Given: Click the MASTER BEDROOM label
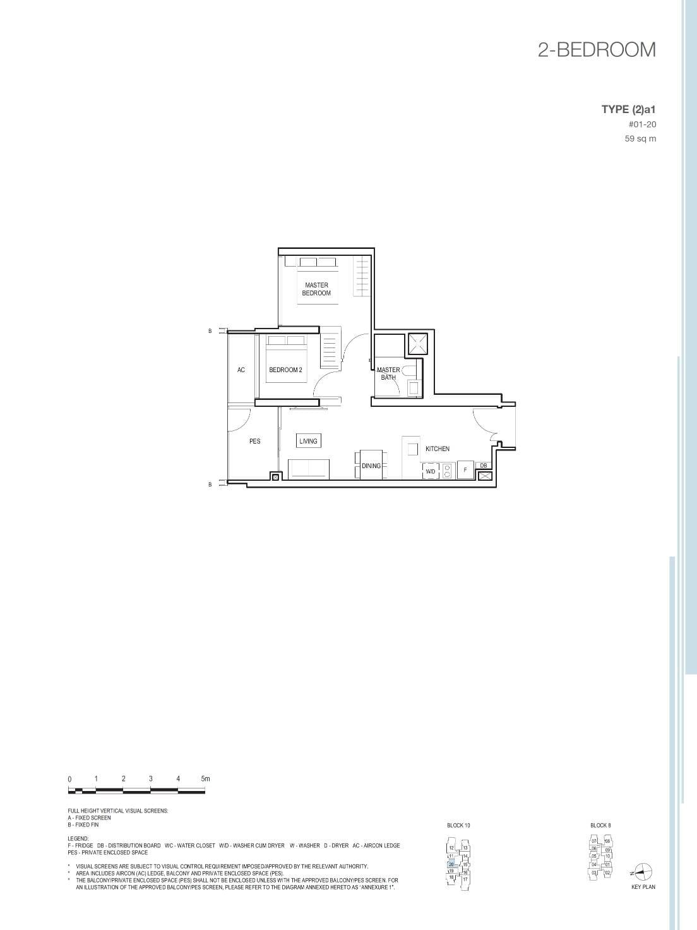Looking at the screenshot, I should tap(316, 289).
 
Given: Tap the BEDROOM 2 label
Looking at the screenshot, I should tap(285, 370).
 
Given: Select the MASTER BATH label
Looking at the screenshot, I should tap(388, 373).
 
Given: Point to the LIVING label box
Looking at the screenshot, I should tap(309, 441).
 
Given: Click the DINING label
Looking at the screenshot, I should tap(371, 466).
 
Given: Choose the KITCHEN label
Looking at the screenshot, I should tap(438, 449).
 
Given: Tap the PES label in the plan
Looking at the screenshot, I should tap(255, 441).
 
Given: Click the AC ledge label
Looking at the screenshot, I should tap(241, 370).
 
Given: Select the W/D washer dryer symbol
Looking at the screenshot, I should tap(431, 471).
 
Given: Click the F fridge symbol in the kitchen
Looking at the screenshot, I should tap(465, 470).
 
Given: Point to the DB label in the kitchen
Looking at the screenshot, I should tap(484, 466).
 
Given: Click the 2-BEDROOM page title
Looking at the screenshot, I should tap(597, 50).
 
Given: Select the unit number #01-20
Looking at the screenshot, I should tap(642, 124).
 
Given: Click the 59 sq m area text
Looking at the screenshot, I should tap(640, 139).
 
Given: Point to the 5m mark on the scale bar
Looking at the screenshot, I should tap(205, 779).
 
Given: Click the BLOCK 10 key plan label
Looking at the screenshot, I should tap(458, 825).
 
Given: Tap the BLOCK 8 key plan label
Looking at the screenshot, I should tap(600, 825).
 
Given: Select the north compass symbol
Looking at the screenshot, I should tap(643, 872).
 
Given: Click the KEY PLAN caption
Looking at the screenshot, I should tap(643, 887).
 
